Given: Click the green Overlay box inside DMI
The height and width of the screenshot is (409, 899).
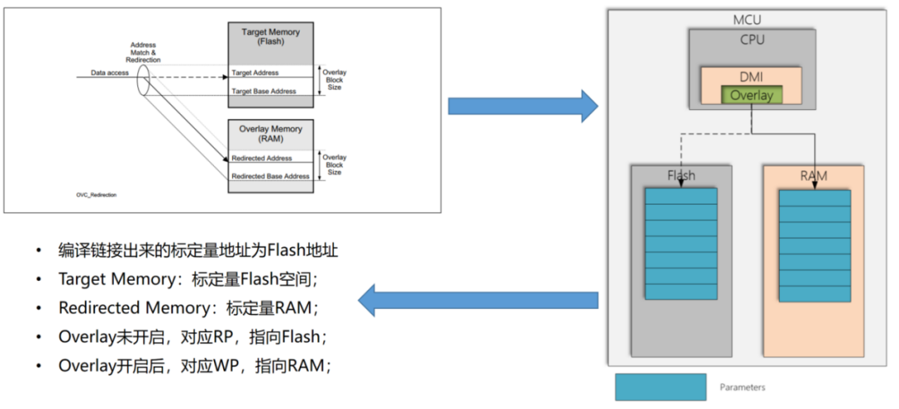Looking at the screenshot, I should pyautogui.click(x=752, y=95).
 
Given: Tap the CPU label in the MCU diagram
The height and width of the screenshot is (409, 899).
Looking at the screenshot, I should pyautogui.click(x=751, y=39).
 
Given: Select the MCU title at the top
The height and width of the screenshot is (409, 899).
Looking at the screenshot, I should pyautogui.click(x=747, y=19).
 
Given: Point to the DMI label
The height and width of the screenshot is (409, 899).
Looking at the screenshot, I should pyautogui.click(x=751, y=77).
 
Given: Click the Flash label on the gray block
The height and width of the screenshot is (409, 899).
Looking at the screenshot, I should pyautogui.click(x=680, y=176).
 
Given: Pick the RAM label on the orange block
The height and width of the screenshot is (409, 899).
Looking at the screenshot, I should pyautogui.click(x=812, y=176).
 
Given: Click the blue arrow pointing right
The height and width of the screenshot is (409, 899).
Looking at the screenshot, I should pyautogui.click(x=523, y=106).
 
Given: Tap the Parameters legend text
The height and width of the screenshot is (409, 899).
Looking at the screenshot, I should pyautogui.click(x=743, y=387).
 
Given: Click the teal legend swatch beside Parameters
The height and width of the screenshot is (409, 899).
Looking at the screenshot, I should pyautogui.click(x=660, y=387).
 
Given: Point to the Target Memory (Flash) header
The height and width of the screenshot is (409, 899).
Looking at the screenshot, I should pyautogui.click(x=271, y=37).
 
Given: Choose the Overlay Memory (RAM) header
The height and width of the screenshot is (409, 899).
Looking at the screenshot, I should pyautogui.click(x=271, y=134).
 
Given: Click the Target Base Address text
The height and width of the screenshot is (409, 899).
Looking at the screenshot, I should pyautogui.click(x=264, y=91).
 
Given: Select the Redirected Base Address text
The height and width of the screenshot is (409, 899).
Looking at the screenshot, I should pyautogui.click(x=270, y=176).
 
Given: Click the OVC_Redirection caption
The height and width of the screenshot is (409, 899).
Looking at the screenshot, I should pyautogui.click(x=96, y=193).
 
